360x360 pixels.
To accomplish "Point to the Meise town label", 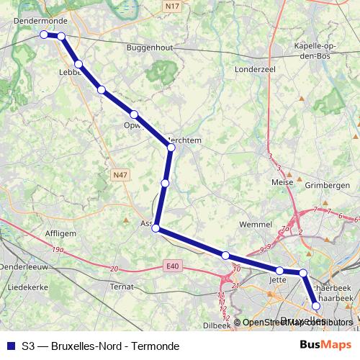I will click(281, 182).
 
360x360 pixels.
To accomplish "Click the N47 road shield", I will click(120, 174).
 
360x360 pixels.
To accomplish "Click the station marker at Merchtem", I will click(171, 148).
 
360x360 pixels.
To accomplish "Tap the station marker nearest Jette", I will click(280, 271).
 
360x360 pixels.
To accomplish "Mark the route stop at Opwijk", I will click(134, 114).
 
